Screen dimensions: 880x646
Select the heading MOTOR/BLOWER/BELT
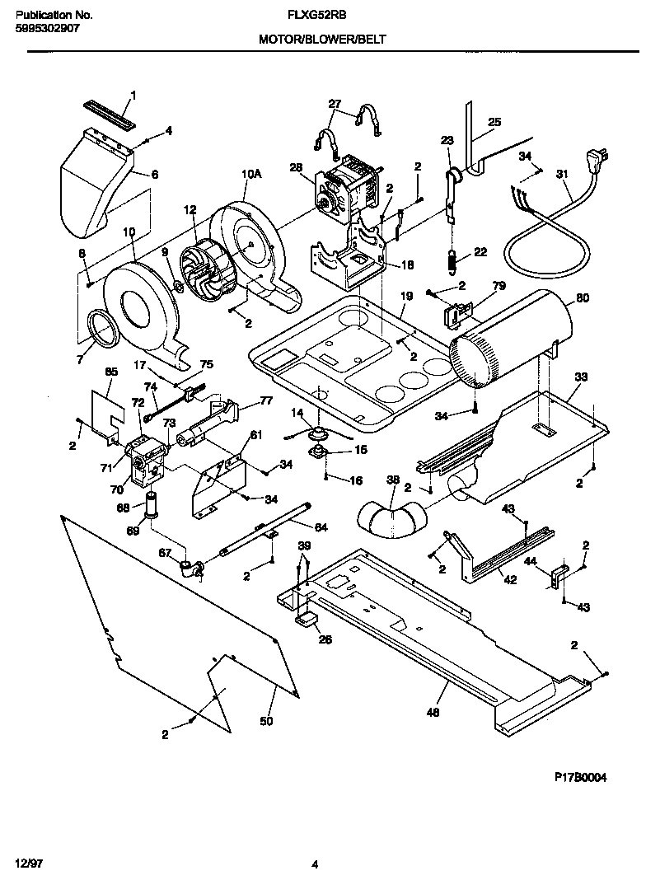(x=322, y=39)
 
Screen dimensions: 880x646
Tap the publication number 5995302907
(x=48, y=28)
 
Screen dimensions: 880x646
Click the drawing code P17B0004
(x=580, y=777)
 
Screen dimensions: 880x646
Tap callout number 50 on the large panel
(x=265, y=722)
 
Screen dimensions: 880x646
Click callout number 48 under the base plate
(x=433, y=713)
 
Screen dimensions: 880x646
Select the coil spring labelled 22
(x=452, y=261)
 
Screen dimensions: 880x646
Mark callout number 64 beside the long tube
(x=321, y=527)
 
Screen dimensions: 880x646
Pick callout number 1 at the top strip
(x=134, y=95)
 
